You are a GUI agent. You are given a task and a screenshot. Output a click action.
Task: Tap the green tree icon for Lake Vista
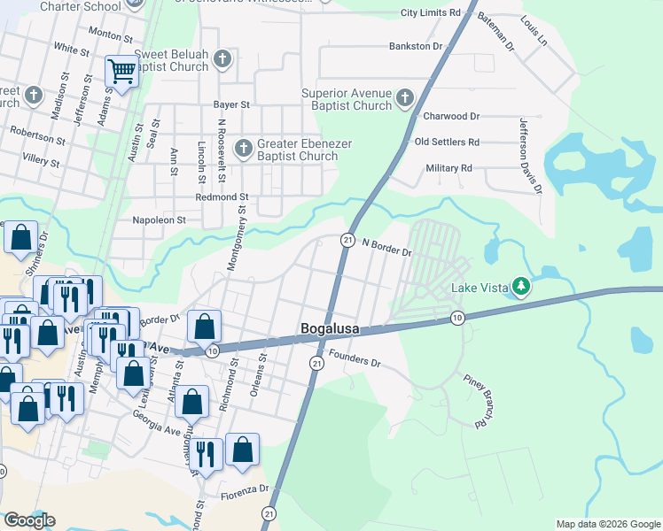(523, 285)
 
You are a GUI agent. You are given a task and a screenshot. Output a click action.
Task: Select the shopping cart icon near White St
(121, 71)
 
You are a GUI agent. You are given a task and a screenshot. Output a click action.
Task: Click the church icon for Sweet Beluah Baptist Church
(222, 59)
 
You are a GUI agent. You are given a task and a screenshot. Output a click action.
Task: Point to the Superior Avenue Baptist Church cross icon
(405, 98)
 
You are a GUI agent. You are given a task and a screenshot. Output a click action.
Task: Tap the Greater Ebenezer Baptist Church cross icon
(244, 148)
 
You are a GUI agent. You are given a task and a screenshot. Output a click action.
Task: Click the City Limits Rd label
(431, 13)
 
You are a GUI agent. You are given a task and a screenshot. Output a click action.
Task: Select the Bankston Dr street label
(416, 46)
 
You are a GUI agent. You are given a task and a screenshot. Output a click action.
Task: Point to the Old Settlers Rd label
(447, 142)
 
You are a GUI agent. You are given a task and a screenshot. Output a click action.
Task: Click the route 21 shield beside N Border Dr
(347, 241)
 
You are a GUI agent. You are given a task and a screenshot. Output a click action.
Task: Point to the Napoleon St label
(159, 219)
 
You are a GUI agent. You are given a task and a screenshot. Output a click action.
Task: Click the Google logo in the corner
(29, 520)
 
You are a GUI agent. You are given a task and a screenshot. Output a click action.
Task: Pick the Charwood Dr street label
(451, 116)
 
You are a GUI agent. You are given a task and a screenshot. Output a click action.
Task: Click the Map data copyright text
(607, 524)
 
